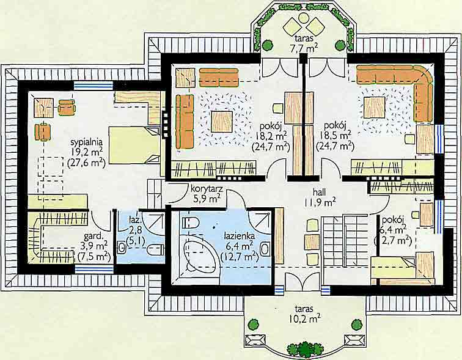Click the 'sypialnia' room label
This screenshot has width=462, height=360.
coord(87,142)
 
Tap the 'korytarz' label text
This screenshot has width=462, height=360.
coord(207,188)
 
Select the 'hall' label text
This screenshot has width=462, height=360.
coord(320,192)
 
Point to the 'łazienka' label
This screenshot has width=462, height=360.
coord(240,236)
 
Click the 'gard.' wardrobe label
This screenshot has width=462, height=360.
coord(94,236)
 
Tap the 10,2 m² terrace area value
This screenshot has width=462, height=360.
coord(305,319)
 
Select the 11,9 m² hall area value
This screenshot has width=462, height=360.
coord(320,202)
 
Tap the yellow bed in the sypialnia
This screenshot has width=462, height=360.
coord(134,145)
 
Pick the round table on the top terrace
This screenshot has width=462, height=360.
coord(303,18)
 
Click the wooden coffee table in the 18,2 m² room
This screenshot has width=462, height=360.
coord(222,122)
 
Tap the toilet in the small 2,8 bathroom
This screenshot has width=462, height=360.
coord(156,250)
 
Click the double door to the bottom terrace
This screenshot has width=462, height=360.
coord(302,282)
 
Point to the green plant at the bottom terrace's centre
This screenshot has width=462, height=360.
coord(301,350)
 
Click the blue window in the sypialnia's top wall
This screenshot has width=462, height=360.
coord(93,86)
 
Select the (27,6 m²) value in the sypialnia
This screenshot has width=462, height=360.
coord(87,163)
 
